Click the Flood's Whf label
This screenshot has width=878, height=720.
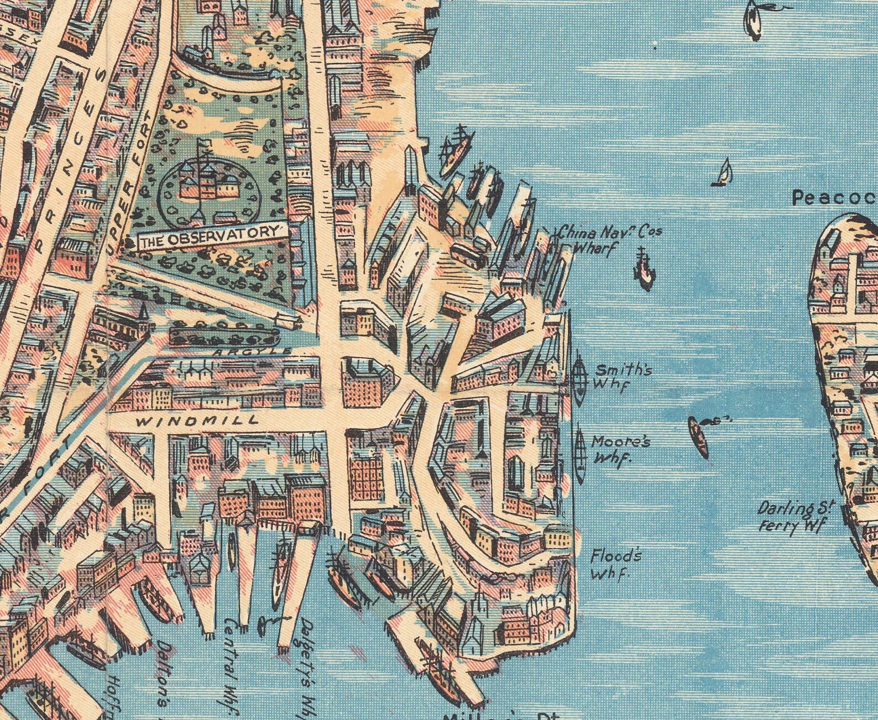(615, 564)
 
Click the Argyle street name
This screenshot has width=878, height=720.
(252, 351)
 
